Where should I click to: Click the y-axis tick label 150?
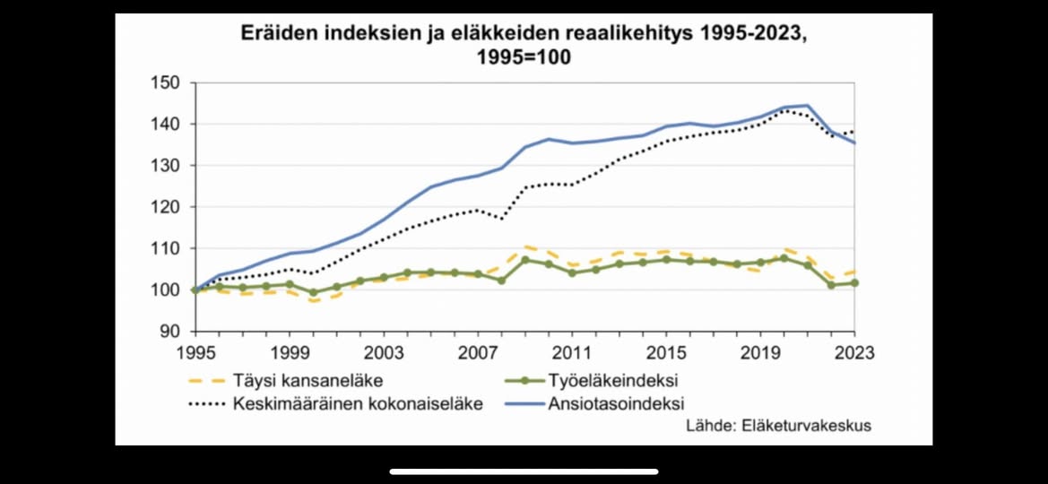166,83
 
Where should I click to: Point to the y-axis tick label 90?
170,332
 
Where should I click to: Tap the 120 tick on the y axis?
166,207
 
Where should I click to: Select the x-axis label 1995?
195,352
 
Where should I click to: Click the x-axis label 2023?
854,352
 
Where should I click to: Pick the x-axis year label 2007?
478,352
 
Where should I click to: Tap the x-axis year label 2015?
666,352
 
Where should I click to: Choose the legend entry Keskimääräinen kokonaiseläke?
358,403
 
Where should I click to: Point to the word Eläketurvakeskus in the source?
806,426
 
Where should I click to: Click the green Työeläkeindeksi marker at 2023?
854,283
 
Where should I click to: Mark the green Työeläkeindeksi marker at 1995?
195,290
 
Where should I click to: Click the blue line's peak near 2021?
808,106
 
